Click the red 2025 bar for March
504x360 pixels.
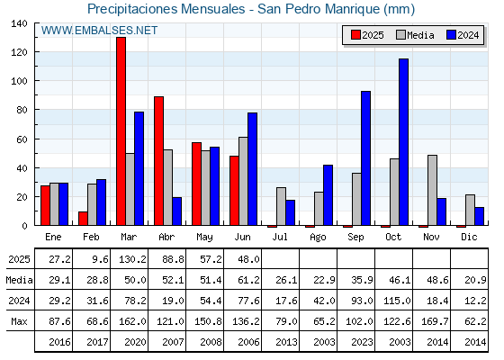[x=121, y=131]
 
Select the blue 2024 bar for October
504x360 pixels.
[x=404, y=142]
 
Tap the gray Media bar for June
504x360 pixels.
[x=243, y=181]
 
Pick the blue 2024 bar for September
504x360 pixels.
[x=365, y=158]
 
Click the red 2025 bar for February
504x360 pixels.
[x=83, y=218]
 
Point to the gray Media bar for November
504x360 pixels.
[x=432, y=190]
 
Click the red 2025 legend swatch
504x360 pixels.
[x=355, y=35]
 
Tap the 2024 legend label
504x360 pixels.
[x=468, y=35]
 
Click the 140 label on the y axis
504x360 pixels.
[x=19, y=23]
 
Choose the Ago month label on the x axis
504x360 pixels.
[x=318, y=238]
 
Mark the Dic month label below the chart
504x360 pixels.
[x=469, y=237]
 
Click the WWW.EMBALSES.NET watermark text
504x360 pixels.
[x=99, y=31]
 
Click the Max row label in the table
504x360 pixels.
[x=19, y=321]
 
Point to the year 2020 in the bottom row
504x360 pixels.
[x=135, y=342]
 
